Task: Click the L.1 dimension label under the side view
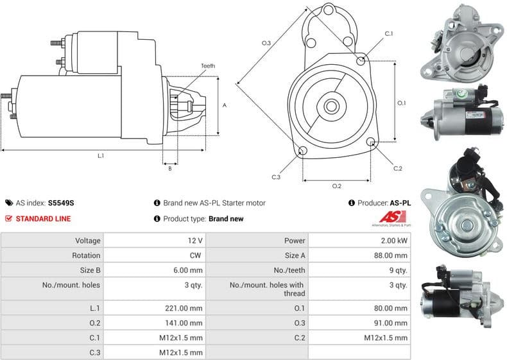point(101,156)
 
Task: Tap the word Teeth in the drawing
point(207,66)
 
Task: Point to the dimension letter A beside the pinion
point(224,105)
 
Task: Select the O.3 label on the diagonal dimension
point(266,43)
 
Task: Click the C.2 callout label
point(397,168)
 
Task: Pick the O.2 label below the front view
point(336,186)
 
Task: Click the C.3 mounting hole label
point(276,177)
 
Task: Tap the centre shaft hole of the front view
point(334,105)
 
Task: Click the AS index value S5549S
point(62,203)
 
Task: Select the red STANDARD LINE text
point(43,219)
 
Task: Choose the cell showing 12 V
point(196,241)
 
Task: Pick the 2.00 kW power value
point(393,241)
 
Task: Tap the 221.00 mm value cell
point(184,308)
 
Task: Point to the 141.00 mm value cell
point(184,323)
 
